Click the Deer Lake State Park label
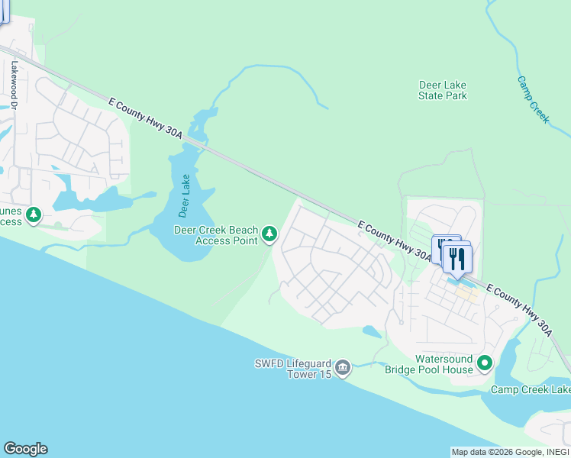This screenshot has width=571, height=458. coord(443,91)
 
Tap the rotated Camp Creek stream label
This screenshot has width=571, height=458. coord(533,98)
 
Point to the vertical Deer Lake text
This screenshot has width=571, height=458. coord(184,196)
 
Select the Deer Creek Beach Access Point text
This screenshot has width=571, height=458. coord(216,235)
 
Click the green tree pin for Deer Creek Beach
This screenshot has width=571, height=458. coord(269,234)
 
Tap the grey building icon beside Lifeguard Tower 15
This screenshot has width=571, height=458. coord(343,369)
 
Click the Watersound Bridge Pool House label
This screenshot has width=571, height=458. coord(444,364)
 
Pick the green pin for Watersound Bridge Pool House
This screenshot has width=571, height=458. coord(485,363)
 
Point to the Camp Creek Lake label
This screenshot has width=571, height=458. coord(530,390)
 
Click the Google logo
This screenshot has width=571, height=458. coord(25,449)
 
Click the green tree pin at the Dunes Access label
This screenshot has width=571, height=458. coord(34,215)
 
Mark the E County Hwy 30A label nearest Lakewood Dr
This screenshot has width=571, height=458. coord(146,118)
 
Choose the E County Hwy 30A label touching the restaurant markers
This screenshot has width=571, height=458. coord(394,238)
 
